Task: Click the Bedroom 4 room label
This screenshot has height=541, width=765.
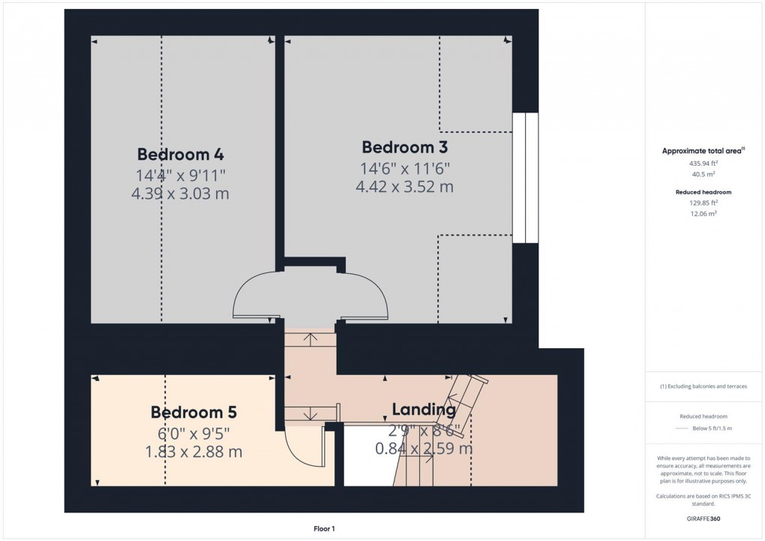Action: [181, 155]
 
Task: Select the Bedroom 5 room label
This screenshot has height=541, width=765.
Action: [193, 412]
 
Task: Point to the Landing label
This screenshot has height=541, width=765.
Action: [424, 410]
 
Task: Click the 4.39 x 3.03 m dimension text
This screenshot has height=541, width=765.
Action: [181, 194]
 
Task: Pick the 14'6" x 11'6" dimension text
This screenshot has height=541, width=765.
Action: [405, 167]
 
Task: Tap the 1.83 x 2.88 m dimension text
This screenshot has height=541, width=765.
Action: [193, 452]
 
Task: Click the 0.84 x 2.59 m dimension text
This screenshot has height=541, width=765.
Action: [424, 449]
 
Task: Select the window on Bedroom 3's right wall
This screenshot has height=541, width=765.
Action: [525, 178]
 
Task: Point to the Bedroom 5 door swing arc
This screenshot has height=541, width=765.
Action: [307, 450]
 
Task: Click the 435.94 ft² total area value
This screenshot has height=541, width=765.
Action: [703, 163]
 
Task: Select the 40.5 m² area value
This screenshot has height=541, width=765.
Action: [703, 174]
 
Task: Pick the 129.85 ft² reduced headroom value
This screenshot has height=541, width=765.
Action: [703, 203]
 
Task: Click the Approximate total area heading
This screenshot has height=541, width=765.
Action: [703, 151]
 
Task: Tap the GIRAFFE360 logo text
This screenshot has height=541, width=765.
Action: [703, 518]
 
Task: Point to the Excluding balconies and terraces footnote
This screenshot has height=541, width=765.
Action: [703, 387]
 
